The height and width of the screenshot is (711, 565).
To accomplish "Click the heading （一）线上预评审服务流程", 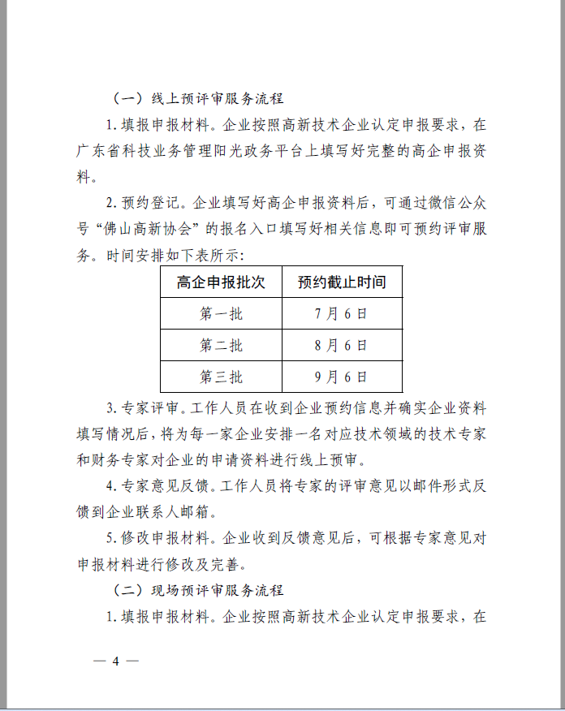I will click(x=197, y=99).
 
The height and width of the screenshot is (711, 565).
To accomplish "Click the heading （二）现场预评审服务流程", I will click(x=197, y=590).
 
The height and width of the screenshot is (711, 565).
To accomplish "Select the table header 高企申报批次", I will click(x=221, y=282).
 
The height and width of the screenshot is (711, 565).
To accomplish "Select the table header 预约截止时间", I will click(x=341, y=282).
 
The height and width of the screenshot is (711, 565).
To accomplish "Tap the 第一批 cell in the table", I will click(x=221, y=314).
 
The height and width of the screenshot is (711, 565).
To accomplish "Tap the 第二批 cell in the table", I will click(x=221, y=346).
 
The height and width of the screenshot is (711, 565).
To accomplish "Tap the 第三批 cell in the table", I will click(x=221, y=377).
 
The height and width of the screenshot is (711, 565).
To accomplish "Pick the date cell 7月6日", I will click(x=341, y=314).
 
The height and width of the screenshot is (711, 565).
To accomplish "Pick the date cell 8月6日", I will click(x=341, y=346).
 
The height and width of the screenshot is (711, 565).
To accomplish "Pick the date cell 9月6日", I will click(x=341, y=377).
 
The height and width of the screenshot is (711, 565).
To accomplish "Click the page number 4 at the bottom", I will click(x=115, y=661).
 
